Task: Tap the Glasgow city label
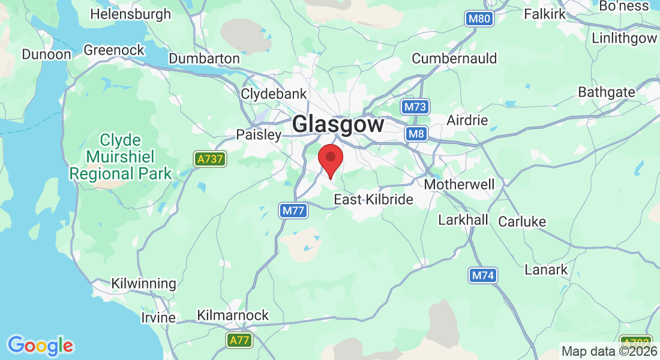click(x=338, y=124)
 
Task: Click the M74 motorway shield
click(x=483, y=275)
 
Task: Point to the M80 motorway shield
click(x=480, y=19)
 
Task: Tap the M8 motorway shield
click(x=416, y=133)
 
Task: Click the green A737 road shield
click(x=210, y=159)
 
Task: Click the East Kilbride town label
click(x=373, y=199)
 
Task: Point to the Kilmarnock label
click(x=233, y=316)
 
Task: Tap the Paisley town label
click(x=259, y=134)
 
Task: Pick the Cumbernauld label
click(x=454, y=58)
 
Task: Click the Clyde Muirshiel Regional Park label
click(x=121, y=157)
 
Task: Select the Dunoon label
click(x=46, y=54)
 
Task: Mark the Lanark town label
click(x=546, y=269)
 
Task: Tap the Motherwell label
click(x=460, y=184)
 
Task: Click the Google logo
click(x=41, y=346)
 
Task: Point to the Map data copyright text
click(x=609, y=351)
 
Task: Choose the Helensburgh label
click(x=130, y=14)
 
